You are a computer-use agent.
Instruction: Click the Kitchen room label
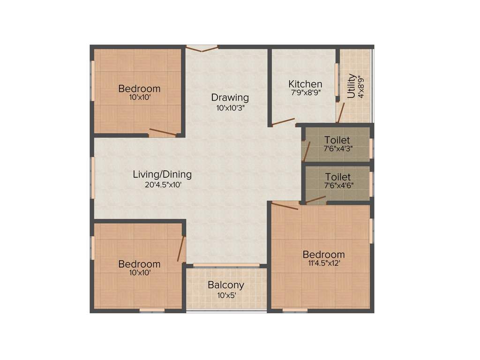click(x=305, y=84)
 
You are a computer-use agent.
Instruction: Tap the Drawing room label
click(x=230, y=97)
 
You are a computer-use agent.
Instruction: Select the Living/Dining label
click(x=162, y=174)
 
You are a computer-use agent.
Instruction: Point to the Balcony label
click(x=226, y=285)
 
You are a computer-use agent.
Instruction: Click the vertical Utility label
click(x=351, y=86)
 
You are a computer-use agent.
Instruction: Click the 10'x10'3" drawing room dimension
click(x=230, y=107)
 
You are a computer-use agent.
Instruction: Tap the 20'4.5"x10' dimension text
click(x=162, y=185)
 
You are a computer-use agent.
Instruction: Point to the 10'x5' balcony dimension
click(x=226, y=295)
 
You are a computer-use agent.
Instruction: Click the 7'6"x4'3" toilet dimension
click(x=337, y=149)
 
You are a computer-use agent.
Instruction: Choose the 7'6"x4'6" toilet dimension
click(x=337, y=185)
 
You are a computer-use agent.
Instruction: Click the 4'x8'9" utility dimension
click(x=361, y=86)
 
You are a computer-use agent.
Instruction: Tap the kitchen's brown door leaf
click(x=283, y=122)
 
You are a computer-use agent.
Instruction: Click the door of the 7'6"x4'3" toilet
click(x=307, y=151)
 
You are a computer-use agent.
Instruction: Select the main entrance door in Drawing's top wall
click(x=202, y=48)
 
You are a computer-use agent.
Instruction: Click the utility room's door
click(x=341, y=112)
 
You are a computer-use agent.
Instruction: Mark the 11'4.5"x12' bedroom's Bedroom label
click(x=323, y=255)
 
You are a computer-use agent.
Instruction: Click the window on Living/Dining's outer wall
click(x=93, y=177)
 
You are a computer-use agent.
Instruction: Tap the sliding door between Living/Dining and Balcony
click(x=226, y=265)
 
